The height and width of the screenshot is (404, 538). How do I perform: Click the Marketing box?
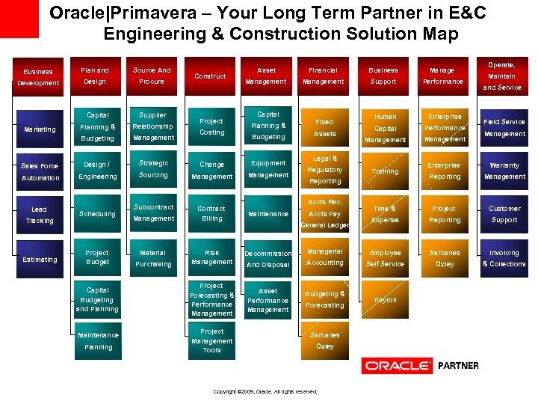pos(39,129)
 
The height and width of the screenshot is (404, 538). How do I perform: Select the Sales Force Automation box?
pos(39,172)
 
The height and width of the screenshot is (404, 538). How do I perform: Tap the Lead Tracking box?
pos(39,215)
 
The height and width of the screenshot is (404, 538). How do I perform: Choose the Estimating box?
pos(39,260)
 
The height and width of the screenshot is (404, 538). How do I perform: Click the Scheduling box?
pos(97,214)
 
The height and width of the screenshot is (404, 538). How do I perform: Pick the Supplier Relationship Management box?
pos(153,126)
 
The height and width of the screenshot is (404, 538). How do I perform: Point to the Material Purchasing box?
pos(153,258)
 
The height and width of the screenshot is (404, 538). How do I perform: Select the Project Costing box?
pos(211,126)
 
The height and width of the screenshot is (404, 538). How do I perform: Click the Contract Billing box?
pos(211,213)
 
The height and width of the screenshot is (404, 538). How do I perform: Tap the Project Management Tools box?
pos(211,340)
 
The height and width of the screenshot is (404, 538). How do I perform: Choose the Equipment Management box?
pos(268,169)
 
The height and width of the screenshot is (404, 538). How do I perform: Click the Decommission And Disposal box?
pos(268,258)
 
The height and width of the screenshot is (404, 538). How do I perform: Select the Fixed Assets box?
pos(325,127)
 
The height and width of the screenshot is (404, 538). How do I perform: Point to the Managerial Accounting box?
pos(325,257)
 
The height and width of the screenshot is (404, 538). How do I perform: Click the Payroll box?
pos(386,300)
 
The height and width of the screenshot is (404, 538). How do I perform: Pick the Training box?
pos(386,171)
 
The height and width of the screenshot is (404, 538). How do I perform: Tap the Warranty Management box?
pos(504,171)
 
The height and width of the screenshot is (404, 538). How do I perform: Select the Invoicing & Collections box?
pos(504,258)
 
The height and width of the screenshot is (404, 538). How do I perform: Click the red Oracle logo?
pos(397,366)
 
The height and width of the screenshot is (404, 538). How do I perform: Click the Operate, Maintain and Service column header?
pos(502,76)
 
